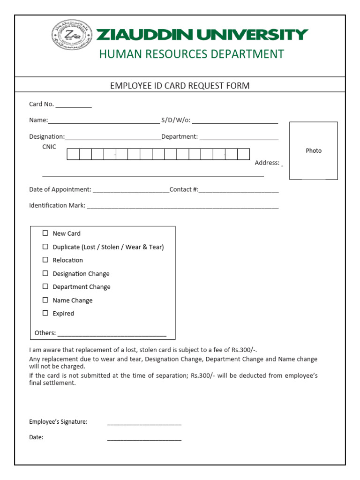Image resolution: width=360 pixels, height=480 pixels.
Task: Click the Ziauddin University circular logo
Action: [x=72, y=35]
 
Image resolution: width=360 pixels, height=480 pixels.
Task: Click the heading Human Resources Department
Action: [x=191, y=54]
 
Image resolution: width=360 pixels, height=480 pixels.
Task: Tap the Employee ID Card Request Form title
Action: [x=180, y=86]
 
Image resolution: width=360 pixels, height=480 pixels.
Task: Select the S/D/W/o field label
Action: [x=176, y=120]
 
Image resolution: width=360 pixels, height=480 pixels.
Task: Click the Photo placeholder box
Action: [x=313, y=150]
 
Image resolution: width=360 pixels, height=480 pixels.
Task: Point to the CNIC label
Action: [x=49, y=147]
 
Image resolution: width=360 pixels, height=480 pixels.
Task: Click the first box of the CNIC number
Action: [x=73, y=154]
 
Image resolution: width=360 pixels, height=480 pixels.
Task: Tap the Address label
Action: [x=267, y=163]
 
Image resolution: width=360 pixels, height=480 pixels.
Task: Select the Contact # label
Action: [x=184, y=189]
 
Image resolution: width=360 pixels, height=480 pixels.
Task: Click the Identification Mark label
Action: [x=57, y=205]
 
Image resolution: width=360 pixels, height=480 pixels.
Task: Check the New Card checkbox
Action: [x=45, y=233]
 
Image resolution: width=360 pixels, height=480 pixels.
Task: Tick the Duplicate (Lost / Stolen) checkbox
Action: [x=45, y=247]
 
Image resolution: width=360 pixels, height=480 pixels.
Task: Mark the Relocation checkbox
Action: [x=45, y=260]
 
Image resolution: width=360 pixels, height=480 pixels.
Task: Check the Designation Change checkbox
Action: [x=45, y=273]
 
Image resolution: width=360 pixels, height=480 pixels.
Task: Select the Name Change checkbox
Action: [x=45, y=300]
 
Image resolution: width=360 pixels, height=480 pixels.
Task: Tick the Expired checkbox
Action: [x=45, y=313]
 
